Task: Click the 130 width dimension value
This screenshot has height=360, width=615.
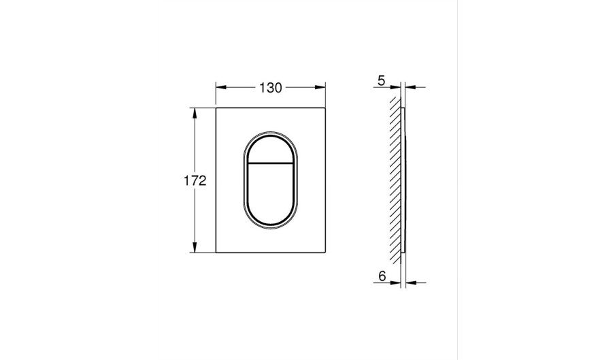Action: [x=270, y=88]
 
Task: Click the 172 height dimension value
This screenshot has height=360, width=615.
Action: [x=195, y=181]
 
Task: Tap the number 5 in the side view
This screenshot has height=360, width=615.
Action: [x=381, y=81]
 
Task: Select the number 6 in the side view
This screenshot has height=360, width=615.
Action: [x=382, y=276]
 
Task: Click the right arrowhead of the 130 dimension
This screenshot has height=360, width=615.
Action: [x=320, y=88]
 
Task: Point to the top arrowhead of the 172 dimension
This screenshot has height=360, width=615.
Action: [x=194, y=113]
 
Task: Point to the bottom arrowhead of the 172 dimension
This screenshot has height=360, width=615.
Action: [x=194, y=247]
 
